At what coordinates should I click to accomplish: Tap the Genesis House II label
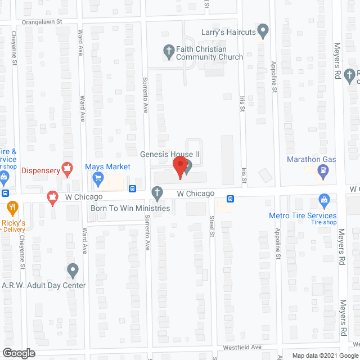tap(171, 154)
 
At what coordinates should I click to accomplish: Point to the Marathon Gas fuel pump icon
tap(324, 171)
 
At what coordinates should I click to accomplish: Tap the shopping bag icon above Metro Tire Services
tap(324, 200)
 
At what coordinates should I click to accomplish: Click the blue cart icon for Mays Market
tap(98, 179)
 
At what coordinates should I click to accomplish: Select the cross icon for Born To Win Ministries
tap(157, 195)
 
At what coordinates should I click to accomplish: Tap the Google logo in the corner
tap(18, 353)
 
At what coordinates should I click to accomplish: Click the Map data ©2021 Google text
tap(324, 355)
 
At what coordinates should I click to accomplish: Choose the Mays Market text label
tap(107, 167)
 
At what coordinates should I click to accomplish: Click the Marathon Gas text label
tap(311, 159)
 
